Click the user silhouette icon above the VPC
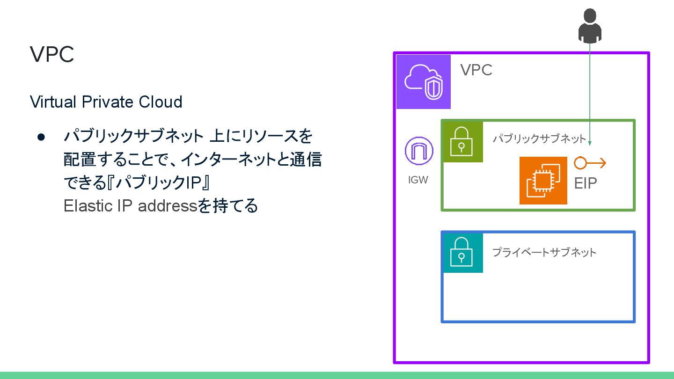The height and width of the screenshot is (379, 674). pyautogui.click(x=590, y=25)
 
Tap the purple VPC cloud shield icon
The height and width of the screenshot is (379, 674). pyautogui.click(x=423, y=81)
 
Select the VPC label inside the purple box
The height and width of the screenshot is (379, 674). pyautogui.click(x=476, y=70)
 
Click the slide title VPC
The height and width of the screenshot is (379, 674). pyautogui.click(x=52, y=55)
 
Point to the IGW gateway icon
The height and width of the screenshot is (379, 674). pyautogui.click(x=418, y=151)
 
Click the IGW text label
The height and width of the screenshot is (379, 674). pyautogui.click(x=418, y=180)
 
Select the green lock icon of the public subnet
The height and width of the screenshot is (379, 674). pyautogui.click(x=462, y=142)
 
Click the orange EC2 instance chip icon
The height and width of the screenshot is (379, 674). pyautogui.click(x=543, y=181)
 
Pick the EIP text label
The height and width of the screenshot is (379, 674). pyautogui.click(x=586, y=183)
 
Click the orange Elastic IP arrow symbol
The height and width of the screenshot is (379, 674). pyautogui.click(x=590, y=163)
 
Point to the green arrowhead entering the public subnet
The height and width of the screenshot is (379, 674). pyautogui.click(x=590, y=142)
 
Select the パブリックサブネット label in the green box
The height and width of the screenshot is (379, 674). pyautogui.click(x=539, y=138)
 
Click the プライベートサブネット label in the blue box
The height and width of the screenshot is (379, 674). pyautogui.click(x=544, y=253)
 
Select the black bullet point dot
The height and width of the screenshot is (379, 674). pyautogui.click(x=41, y=137)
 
